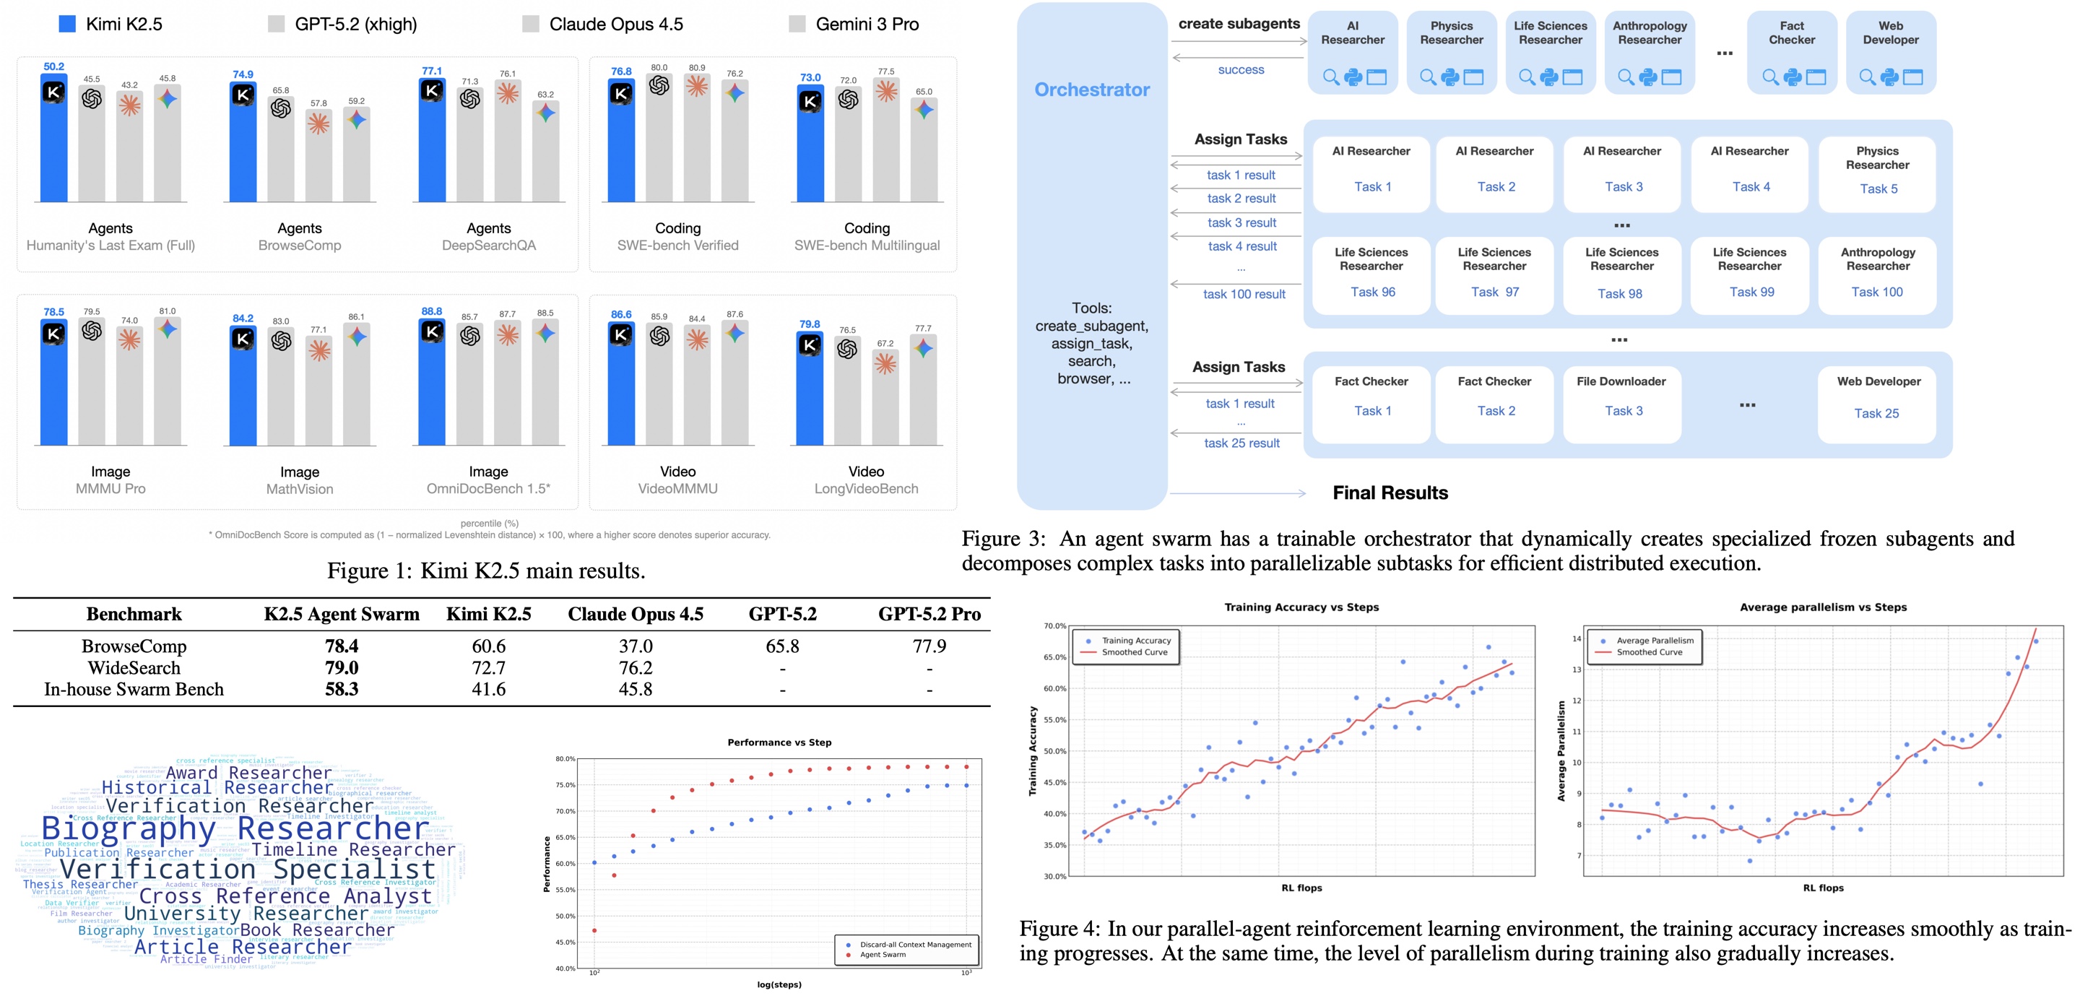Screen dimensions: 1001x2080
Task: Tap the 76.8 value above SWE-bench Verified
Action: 621,71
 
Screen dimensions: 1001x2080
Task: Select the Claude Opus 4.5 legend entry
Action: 615,25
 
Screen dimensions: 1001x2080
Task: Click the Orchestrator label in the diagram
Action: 1092,90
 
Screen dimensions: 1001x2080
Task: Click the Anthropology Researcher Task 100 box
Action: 1876,275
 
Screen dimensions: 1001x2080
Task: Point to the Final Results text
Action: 1390,493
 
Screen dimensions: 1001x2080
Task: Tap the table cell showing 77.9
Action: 929,646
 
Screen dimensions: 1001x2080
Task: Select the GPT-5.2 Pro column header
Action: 929,615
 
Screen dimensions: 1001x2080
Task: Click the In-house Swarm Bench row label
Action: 134,690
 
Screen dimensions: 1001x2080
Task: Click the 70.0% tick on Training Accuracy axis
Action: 1054,625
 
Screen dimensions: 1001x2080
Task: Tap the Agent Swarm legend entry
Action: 883,955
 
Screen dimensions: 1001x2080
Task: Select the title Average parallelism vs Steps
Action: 1822,607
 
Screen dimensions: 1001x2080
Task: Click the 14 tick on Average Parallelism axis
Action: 1576,638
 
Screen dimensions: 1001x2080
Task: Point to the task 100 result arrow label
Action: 1244,295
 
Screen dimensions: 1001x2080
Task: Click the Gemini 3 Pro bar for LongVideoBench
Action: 924,396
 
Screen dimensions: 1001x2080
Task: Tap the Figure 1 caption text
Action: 486,571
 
